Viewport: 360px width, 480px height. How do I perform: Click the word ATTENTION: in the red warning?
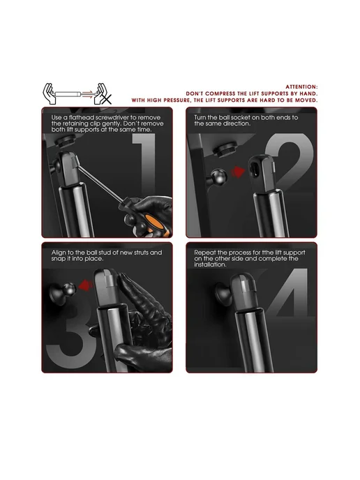(301, 87)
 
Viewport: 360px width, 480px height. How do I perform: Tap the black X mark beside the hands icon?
(107, 99)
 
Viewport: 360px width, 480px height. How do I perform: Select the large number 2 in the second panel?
(290, 163)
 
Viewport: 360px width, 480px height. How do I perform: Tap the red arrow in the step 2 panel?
(238, 172)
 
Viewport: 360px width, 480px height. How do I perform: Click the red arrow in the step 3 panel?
(85, 285)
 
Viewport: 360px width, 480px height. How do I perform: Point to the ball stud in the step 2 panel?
(218, 177)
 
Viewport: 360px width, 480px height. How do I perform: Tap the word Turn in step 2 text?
(200, 117)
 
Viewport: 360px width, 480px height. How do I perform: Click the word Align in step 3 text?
(59, 253)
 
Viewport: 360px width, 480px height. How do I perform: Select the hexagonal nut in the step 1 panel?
(66, 142)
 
